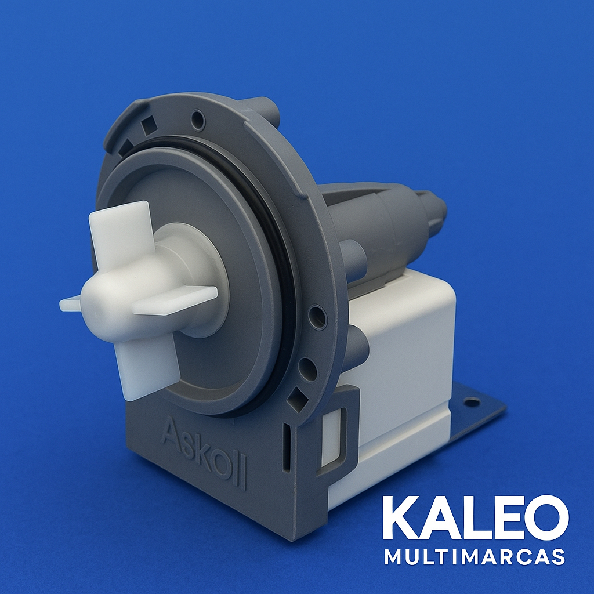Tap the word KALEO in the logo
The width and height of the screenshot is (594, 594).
(476, 518)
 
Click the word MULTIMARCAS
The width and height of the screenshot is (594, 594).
(475, 557)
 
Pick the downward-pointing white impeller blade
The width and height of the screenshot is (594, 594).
(146, 367)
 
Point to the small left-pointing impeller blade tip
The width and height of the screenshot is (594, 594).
(70, 304)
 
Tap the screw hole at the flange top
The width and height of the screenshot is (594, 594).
(198, 119)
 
